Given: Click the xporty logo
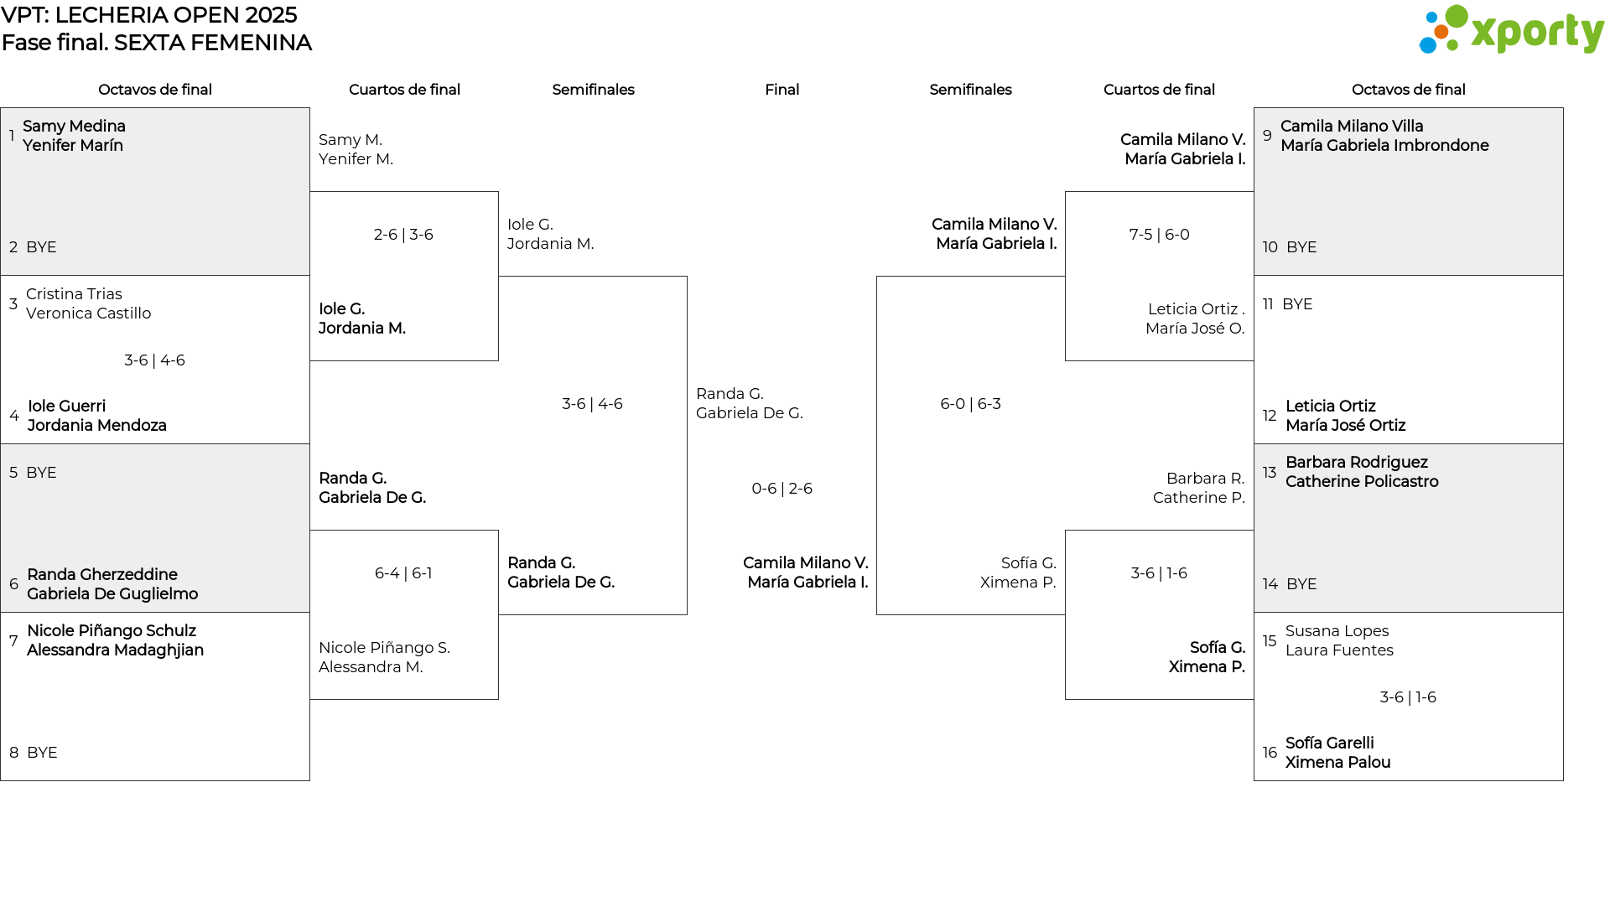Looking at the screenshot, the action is [1511, 30].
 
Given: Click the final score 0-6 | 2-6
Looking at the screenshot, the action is [782, 489].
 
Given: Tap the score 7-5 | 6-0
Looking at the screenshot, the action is [1159, 235].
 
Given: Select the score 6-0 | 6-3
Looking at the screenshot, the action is [970, 404].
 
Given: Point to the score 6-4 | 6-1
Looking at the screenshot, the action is [403, 573].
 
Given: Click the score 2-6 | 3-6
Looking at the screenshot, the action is [403, 235].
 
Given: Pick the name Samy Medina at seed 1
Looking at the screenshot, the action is [74, 126].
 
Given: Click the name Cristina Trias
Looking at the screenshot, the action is [74, 294].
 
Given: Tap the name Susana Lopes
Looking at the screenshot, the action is [1337, 631].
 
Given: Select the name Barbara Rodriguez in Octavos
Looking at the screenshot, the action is [1356, 463].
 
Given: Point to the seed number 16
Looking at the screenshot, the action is [1270, 753].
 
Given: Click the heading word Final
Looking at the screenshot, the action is [782, 90].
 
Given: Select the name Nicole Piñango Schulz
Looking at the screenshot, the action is [112, 631].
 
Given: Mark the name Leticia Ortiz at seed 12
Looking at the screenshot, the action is [1330, 407].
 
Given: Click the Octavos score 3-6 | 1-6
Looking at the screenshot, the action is [1408, 697].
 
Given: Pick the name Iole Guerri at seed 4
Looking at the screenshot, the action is [66, 407].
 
